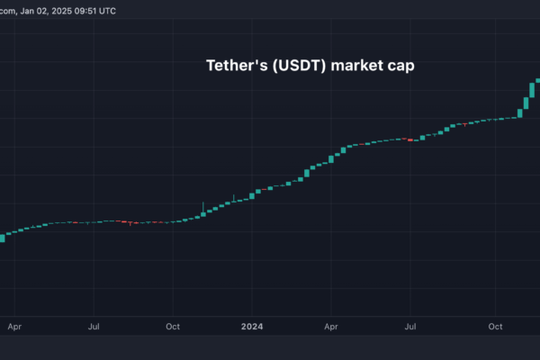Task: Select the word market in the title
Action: pos(359,66)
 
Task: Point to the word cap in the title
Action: pos(401,66)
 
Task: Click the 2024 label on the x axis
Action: pos(255,328)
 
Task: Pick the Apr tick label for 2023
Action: pos(13,328)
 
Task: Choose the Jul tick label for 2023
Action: pos(94,328)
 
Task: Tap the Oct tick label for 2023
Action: pos(175,328)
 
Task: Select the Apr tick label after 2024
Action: pos(331,328)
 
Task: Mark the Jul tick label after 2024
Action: pos(411,328)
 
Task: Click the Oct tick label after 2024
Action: pos(494,328)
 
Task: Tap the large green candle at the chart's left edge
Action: pos(2,238)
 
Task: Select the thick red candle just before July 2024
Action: pos(410,139)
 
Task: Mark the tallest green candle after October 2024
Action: pos(528,94)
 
